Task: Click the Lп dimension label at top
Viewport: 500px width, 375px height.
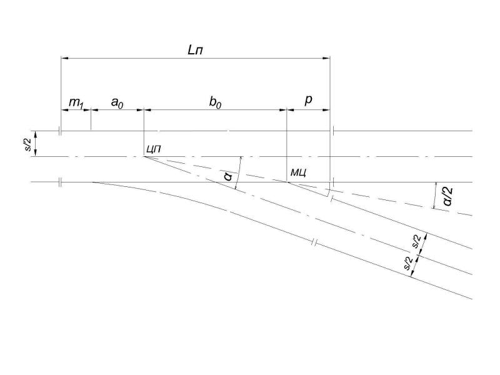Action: [x=195, y=50]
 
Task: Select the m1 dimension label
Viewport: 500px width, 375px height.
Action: [x=76, y=103]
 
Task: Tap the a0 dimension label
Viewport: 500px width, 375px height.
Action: [x=117, y=102]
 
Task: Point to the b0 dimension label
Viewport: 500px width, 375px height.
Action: [x=215, y=102]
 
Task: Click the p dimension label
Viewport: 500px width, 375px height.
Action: [x=308, y=100]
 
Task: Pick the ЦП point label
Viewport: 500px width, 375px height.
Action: [x=154, y=149]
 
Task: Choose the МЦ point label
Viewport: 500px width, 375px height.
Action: [x=299, y=173]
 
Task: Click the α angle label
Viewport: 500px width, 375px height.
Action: [x=229, y=176]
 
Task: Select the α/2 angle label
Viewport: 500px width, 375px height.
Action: [x=447, y=196]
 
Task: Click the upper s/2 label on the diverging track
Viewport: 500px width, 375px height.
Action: [x=416, y=241]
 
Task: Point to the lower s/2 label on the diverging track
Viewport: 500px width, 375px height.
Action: [x=408, y=263]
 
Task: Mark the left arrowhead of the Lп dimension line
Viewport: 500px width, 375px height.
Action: [x=64, y=58]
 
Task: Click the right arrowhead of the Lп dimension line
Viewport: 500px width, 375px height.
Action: [x=326, y=58]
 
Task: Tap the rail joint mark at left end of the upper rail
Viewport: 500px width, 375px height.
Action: [x=60, y=131]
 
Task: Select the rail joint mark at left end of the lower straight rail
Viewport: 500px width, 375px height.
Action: [x=60, y=182]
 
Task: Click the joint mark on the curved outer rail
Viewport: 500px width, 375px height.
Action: [x=314, y=243]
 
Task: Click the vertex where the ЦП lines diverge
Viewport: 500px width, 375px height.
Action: [x=144, y=157]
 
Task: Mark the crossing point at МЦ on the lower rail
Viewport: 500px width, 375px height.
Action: [x=287, y=182]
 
